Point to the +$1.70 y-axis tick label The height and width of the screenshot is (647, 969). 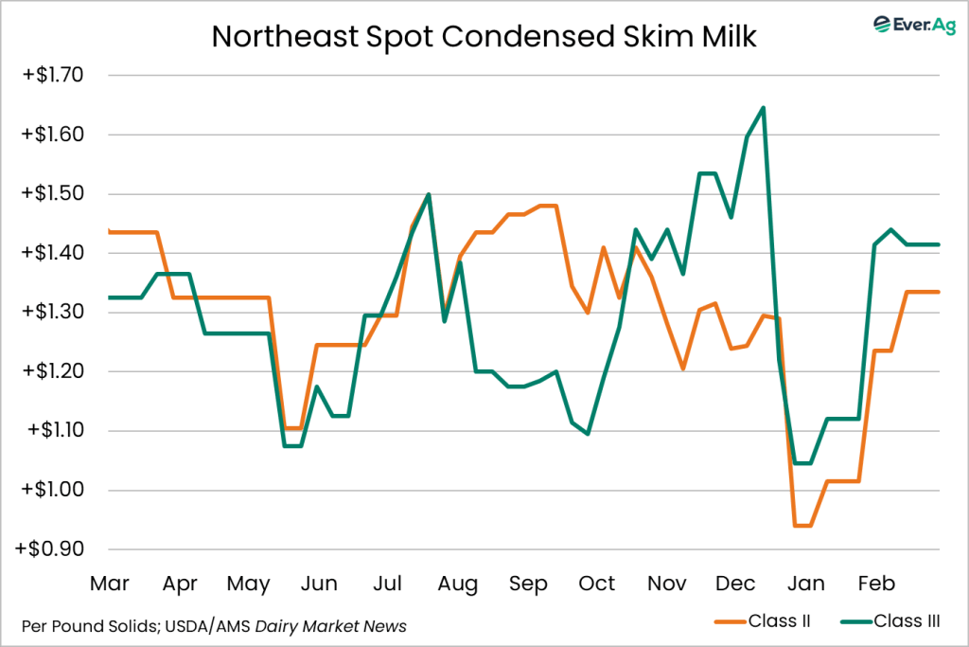53,75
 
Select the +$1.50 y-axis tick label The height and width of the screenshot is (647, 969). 53,193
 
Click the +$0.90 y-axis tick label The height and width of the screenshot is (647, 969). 53,549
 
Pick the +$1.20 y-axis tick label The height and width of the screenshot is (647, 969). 53,371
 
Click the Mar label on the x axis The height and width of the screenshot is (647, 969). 110,584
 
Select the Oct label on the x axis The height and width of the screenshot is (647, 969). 597,584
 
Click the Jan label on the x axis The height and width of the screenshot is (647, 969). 805,584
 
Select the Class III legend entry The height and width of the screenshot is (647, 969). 900,621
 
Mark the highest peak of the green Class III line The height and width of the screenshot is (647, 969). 763,108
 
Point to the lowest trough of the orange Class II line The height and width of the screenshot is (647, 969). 802,525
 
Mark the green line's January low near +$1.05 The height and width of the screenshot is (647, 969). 802,463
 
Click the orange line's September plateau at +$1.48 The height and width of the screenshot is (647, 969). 547,206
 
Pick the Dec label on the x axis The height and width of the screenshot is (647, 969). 735,584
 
